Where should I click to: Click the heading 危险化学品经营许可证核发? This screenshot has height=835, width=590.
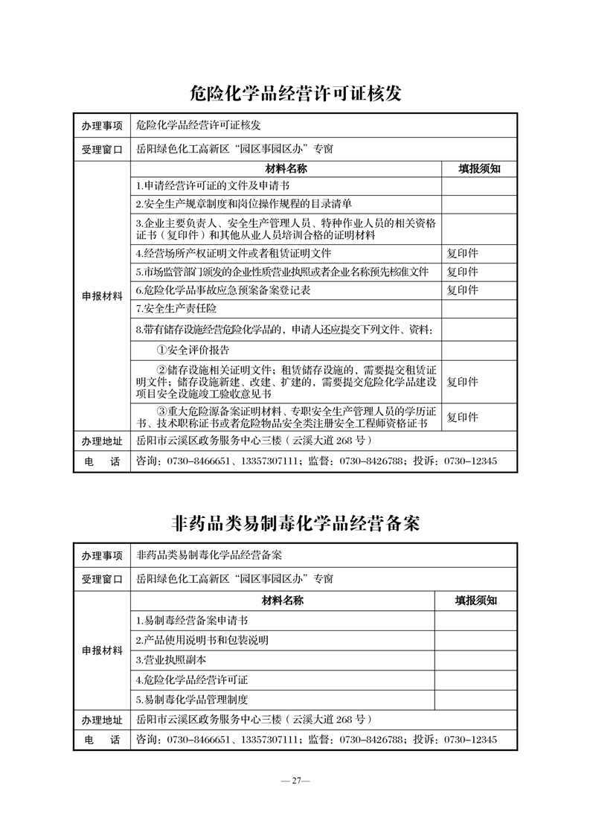(295, 93)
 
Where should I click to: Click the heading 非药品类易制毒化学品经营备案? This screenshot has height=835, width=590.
(295, 523)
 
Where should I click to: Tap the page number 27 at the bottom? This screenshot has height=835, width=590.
(295, 781)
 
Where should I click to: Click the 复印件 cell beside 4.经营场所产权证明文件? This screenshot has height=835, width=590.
(462, 253)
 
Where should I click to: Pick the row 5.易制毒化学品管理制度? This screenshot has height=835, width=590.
(192, 700)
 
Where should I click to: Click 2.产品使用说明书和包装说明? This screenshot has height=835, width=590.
(202, 640)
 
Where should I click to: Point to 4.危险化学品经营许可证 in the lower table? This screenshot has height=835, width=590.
(192, 679)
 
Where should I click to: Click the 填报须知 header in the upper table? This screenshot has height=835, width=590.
(479, 169)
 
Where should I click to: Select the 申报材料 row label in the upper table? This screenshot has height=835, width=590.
(102, 296)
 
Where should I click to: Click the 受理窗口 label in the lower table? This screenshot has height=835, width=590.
(102, 578)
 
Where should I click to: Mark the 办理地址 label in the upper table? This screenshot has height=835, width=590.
(102, 441)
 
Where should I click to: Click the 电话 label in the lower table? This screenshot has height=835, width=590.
(102, 740)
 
